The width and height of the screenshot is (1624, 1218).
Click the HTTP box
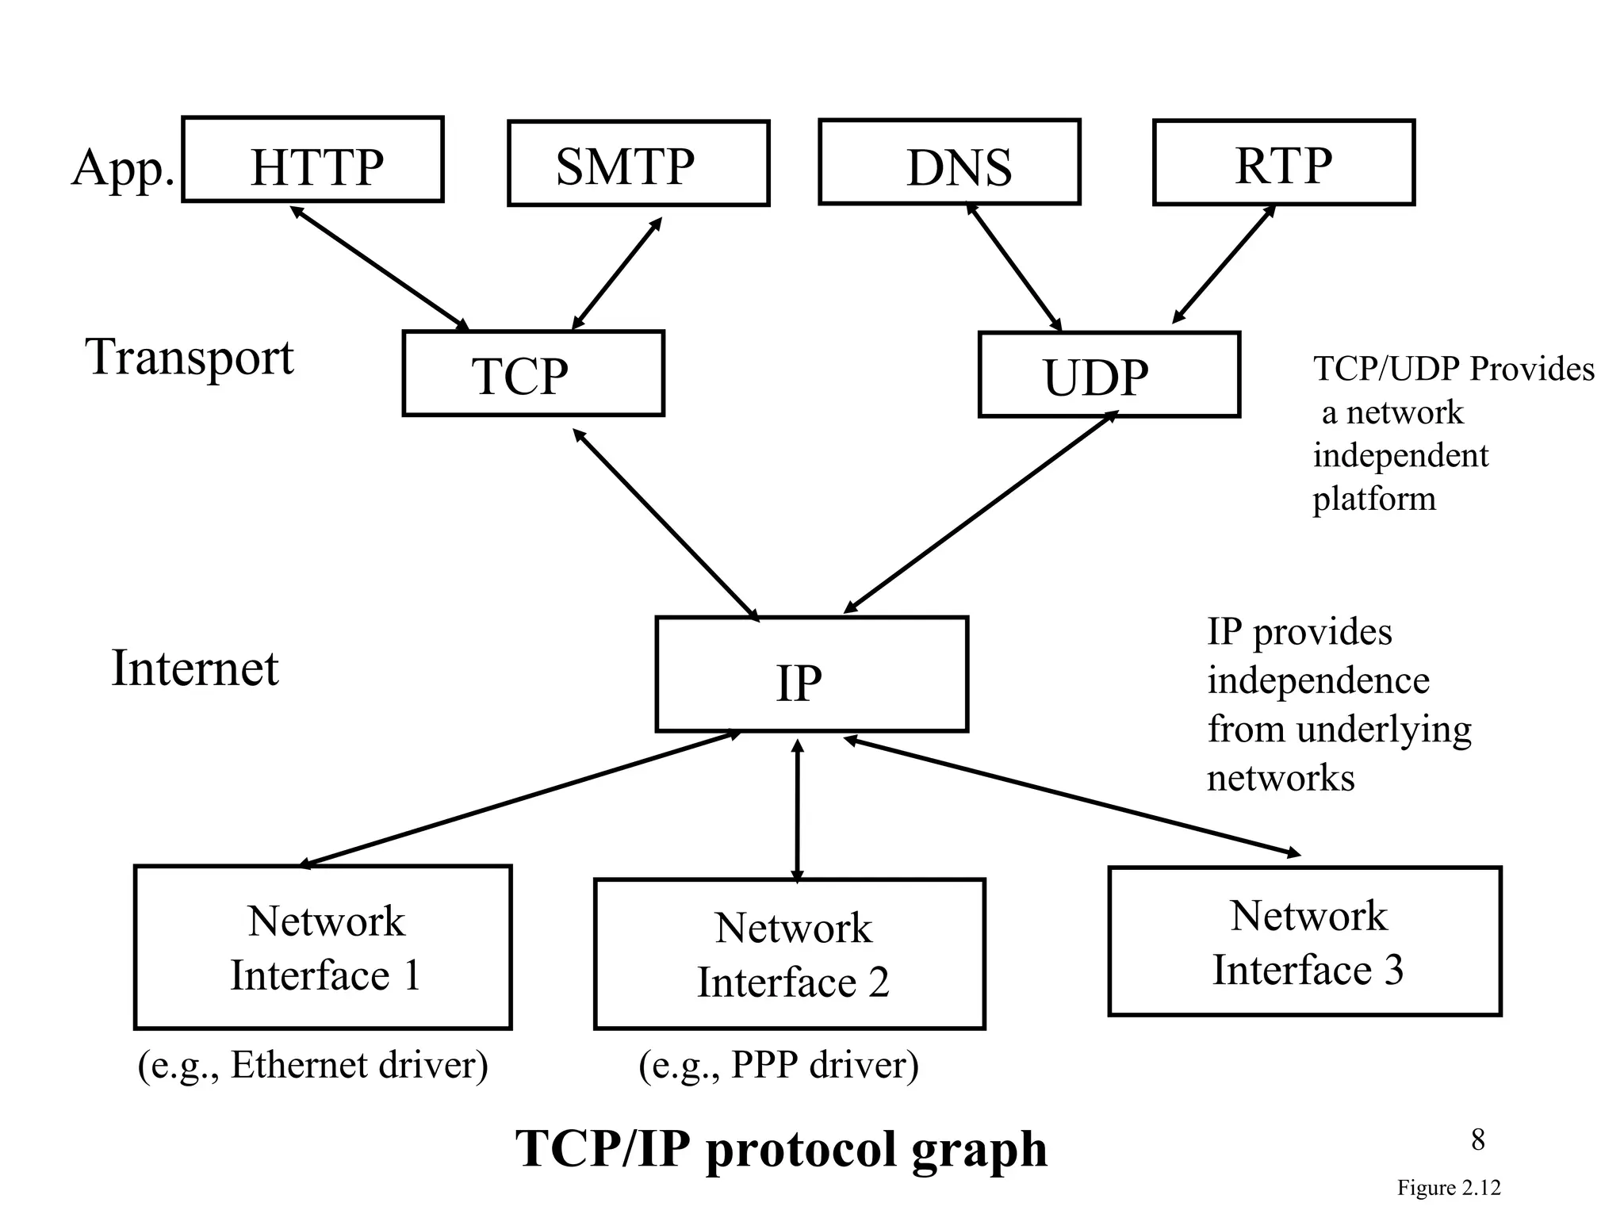tap(312, 159)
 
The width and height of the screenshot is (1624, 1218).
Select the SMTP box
tap(638, 163)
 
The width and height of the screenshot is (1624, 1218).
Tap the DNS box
tap(949, 162)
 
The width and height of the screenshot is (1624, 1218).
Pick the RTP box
tap(1283, 163)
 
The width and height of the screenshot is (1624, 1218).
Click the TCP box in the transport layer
tap(533, 373)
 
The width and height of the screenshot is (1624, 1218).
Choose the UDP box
tap(1109, 374)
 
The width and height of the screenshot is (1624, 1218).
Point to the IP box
tap(811, 674)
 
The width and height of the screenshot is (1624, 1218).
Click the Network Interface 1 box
tap(323, 947)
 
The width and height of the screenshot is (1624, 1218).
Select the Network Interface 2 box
tap(789, 954)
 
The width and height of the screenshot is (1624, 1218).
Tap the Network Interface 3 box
tap(1304, 941)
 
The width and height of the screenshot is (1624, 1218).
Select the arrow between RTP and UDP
tap(1224, 264)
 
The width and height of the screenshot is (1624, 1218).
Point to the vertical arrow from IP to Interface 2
tap(798, 810)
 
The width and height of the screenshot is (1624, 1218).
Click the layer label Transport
tap(190, 358)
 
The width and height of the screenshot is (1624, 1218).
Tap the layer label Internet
tap(195, 668)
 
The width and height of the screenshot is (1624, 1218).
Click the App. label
tap(123, 167)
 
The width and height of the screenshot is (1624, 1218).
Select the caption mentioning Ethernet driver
tap(312, 1065)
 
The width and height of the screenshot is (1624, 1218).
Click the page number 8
tap(1477, 1139)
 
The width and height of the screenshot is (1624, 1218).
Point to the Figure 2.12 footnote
tap(1448, 1188)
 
